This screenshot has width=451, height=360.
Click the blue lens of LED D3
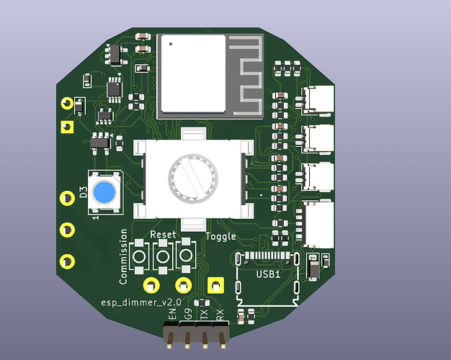point(104,192)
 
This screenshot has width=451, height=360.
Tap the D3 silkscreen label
point(83,192)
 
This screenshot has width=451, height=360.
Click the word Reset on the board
point(163,235)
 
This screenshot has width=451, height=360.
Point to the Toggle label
point(220,236)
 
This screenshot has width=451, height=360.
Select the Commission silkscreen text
point(123,257)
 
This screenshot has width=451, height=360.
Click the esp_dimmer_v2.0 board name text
point(141,302)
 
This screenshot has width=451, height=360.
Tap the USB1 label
point(268,274)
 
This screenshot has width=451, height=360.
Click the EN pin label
point(172,314)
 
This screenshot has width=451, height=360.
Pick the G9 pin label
point(188,314)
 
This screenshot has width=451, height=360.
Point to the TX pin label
point(204,314)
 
